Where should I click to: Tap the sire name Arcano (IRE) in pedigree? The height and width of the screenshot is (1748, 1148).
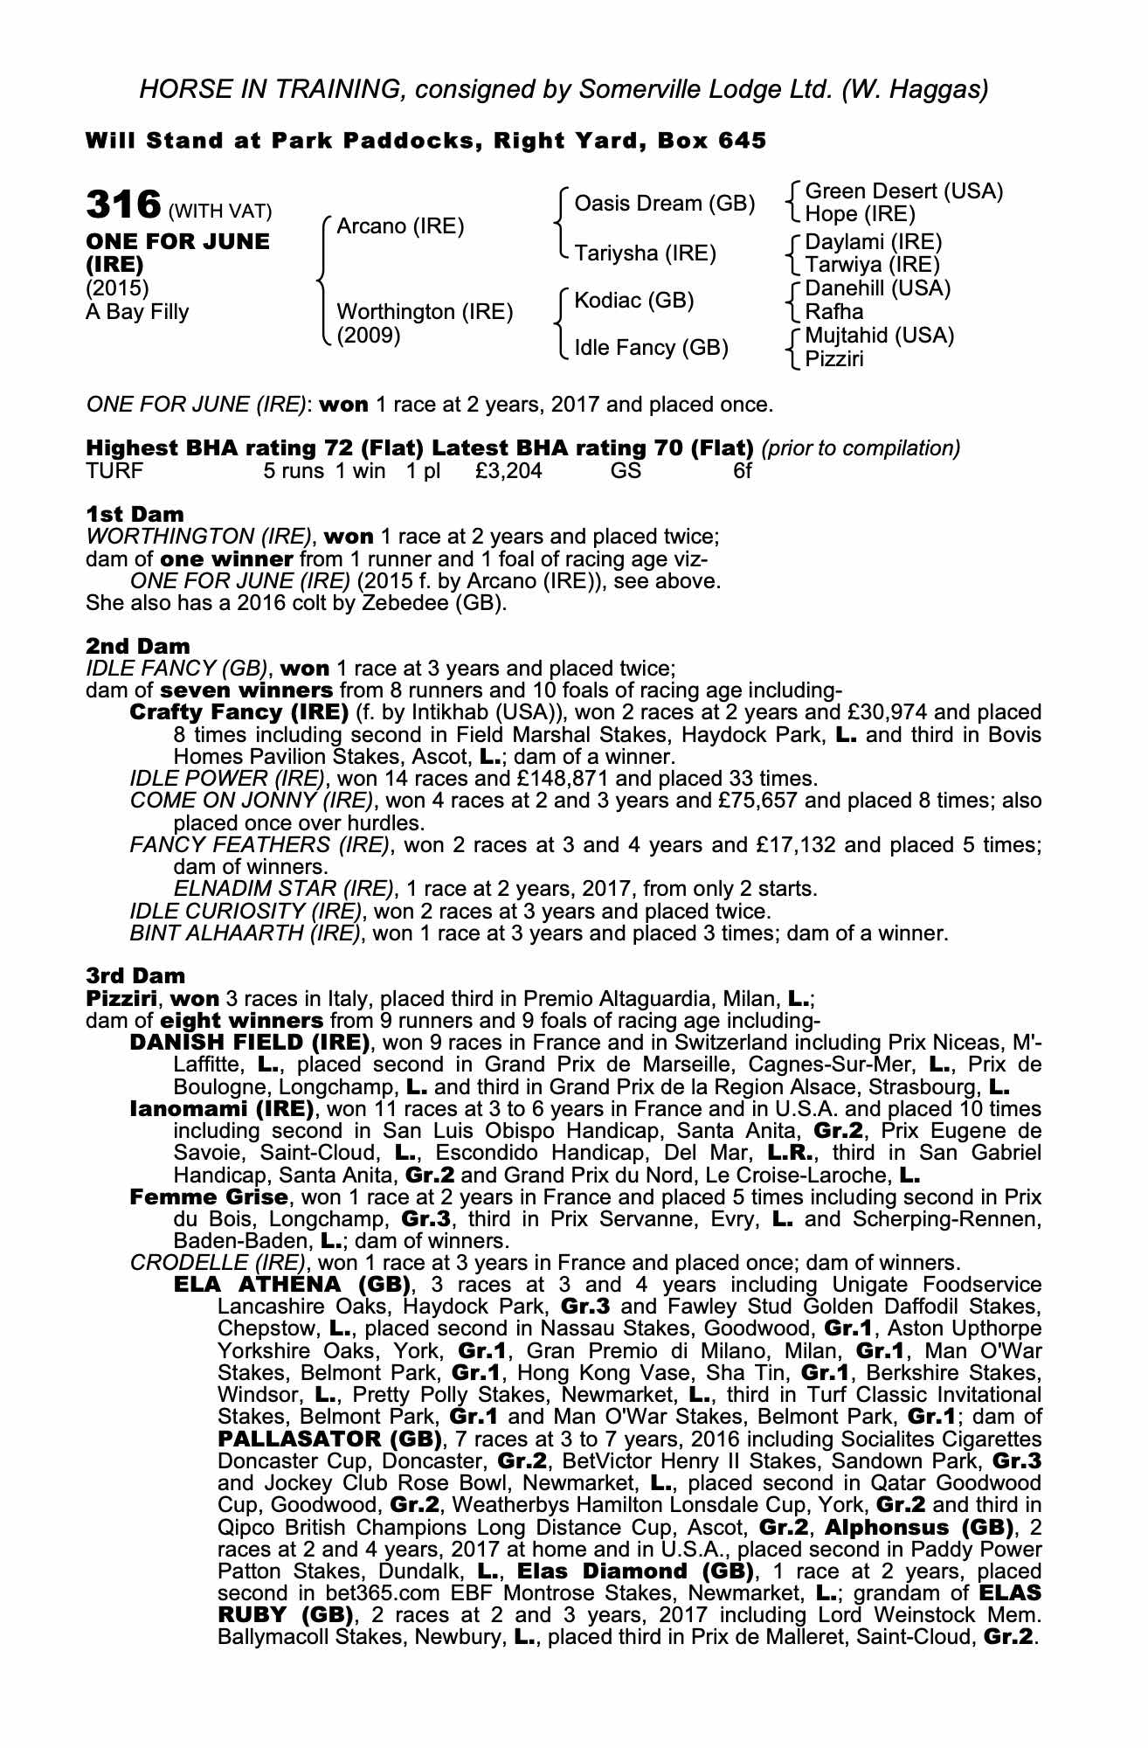(399, 227)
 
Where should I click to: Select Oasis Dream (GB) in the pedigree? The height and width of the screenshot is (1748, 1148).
(664, 204)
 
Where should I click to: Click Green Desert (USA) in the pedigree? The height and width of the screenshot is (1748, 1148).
(903, 191)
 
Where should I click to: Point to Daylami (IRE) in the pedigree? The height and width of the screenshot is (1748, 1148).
(873, 242)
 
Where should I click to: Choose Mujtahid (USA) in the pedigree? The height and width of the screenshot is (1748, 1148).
(879, 336)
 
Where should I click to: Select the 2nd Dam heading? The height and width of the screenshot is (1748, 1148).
(137, 647)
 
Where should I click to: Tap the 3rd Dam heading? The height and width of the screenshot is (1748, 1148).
(135, 975)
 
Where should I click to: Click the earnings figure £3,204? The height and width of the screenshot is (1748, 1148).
(508, 471)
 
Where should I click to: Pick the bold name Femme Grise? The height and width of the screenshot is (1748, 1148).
(208, 1197)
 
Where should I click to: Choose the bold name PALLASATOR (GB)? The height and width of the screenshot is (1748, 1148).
(331, 1439)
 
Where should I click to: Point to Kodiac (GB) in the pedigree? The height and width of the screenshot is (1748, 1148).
(633, 301)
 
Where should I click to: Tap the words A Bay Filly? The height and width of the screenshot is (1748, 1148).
(137, 312)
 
